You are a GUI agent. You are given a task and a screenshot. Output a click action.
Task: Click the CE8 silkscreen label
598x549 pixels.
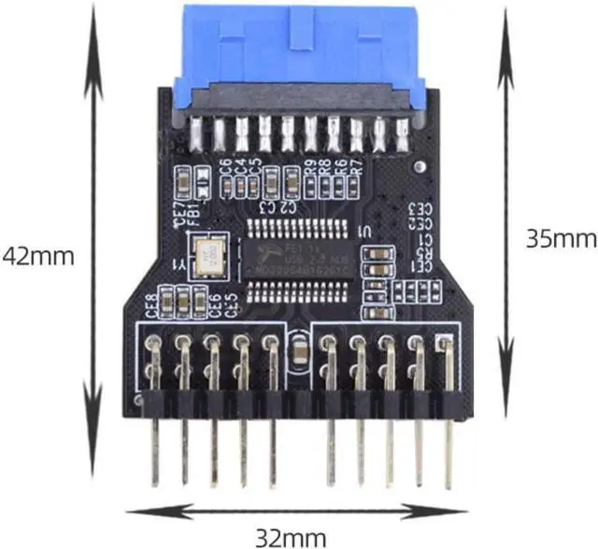click(152, 306)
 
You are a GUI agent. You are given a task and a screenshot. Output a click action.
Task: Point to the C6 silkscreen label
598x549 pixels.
click(224, 169)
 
